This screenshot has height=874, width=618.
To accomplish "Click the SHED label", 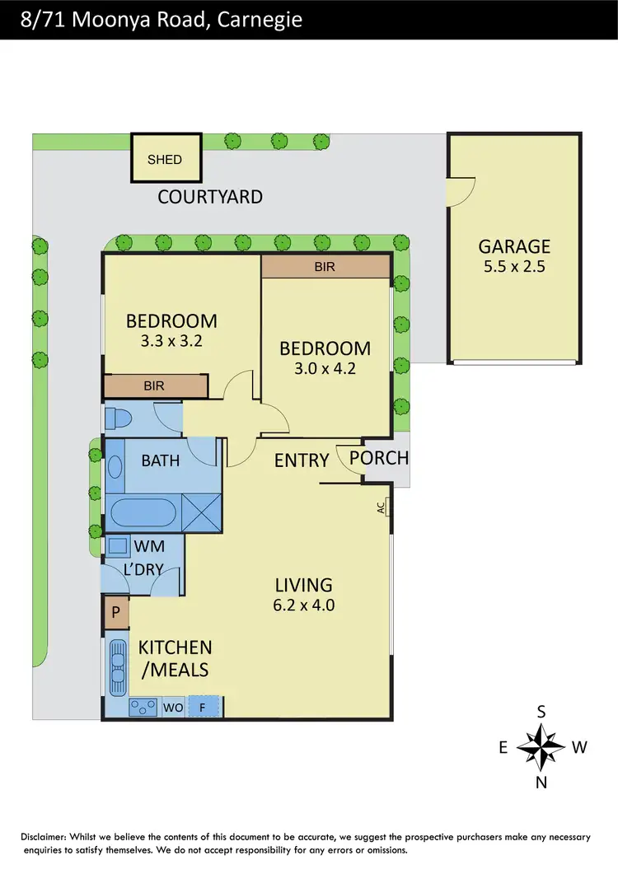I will (x=165, y=159).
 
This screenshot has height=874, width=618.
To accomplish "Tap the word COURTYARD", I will (x=210, y=197).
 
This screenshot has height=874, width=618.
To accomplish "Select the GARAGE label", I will (x=514, y=246).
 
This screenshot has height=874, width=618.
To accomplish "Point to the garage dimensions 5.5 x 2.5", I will (x=514, y=266).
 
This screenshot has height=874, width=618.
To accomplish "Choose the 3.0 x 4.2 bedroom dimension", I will (x=325, y=368).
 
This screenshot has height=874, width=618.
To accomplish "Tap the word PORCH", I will (x=379, y=458).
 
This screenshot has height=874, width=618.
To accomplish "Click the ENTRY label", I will (x=302, y=460).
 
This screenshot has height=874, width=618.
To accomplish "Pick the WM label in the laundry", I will (x=149, y=545).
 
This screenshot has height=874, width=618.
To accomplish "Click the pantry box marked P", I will (x=115, y=613).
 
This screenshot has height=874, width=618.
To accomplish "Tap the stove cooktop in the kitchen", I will (x=145, y=708).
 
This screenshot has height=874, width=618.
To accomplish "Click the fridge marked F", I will (x=204, y=708).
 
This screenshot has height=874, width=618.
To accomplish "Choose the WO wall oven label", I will (x=173, y=708).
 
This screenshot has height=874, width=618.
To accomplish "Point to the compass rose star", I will (x=541, y=746).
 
